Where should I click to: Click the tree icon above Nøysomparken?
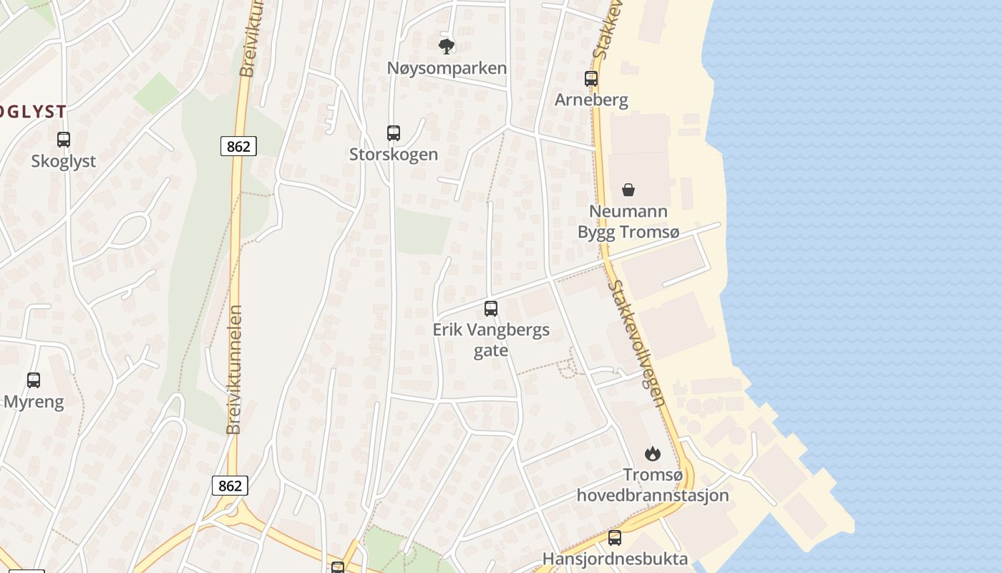point(447,47)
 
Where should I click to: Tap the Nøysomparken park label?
point(447,68)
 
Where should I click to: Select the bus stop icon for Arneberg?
point(591,79)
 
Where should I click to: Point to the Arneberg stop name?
point(591,100)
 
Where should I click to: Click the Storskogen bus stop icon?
point(394,133)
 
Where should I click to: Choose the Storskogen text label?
point(394,154)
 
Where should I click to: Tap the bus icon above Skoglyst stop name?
point(64,140)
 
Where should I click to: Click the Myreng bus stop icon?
point(34,380)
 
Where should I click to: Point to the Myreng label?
point(34,402)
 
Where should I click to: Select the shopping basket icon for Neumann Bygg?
point(628,190)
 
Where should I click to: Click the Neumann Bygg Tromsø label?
point(628,221)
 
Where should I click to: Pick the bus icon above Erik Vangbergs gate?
point(491,309)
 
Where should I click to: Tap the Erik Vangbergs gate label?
point(491,340)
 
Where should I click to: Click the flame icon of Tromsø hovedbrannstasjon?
point(653,453)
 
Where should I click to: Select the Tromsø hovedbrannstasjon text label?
point(653,485)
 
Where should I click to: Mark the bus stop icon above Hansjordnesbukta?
point(615,538)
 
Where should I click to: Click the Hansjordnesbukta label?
point(615,559)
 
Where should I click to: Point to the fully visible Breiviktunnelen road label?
point(234,370)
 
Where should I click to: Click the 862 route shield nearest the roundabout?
point(230,486)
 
